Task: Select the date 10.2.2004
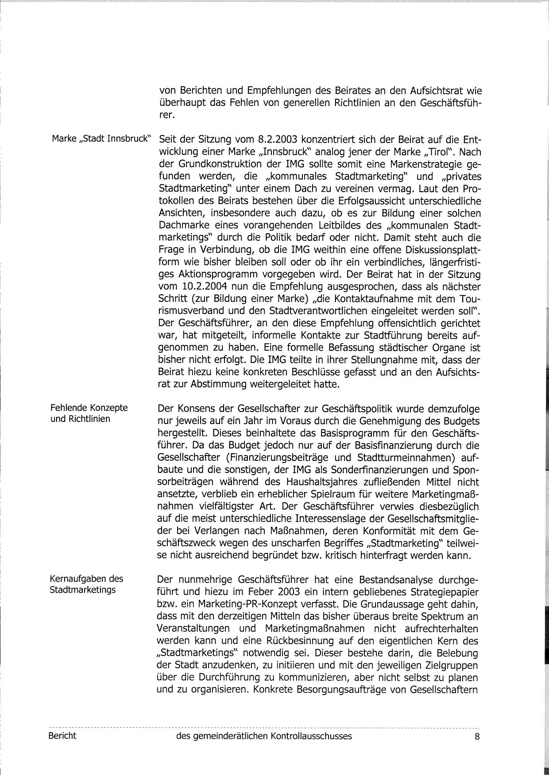tap(204, 286)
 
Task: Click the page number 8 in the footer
tap(477, 736)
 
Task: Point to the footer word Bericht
tap(62, 736)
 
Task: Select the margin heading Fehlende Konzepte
tap(89, 408)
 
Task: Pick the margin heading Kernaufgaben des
tap(87, 579)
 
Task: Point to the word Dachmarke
tap(180, 225)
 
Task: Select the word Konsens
tap(193, 408)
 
